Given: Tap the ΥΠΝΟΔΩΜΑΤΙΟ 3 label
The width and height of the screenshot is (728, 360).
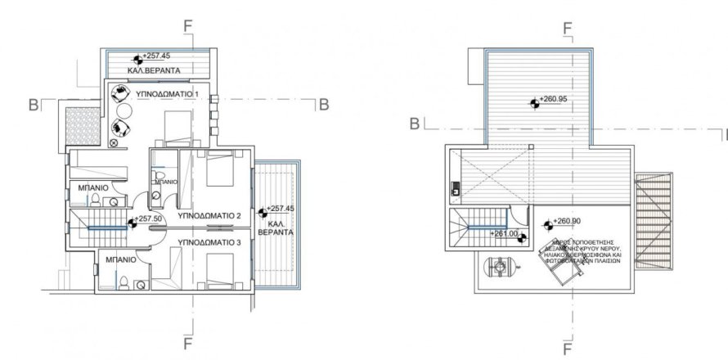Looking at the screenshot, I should click(208, 243).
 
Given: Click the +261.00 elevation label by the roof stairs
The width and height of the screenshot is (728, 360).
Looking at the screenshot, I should click(505, 233).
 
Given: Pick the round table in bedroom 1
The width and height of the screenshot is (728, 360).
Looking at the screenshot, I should click(124, 111).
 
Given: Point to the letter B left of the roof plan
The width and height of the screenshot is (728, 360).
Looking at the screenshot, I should click(415, 124).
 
